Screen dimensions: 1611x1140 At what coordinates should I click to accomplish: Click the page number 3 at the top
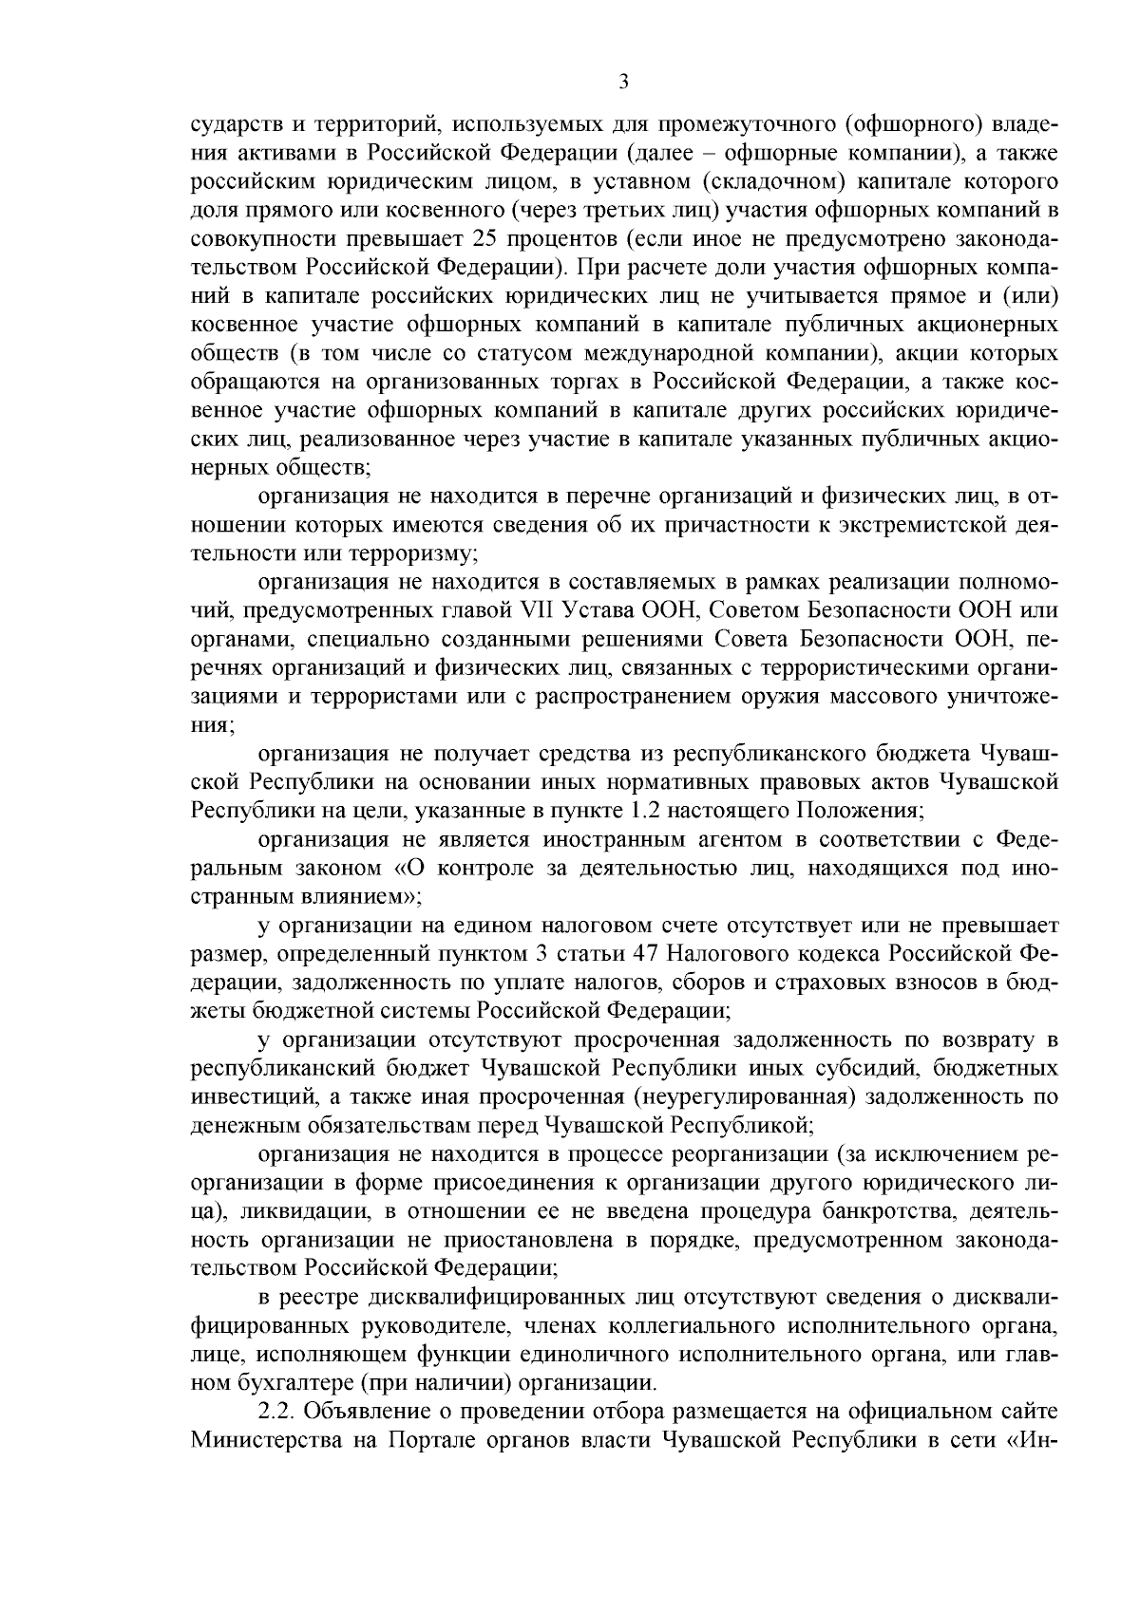(x=623, y=83)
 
